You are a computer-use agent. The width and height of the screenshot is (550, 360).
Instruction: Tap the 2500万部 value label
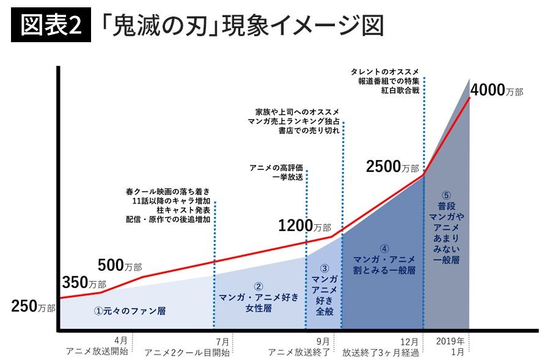393,166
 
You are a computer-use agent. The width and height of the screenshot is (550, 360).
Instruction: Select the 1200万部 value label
304,226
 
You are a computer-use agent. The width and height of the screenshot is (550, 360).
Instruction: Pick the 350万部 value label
84,283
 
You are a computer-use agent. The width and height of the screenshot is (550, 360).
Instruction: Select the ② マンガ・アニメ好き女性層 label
259,297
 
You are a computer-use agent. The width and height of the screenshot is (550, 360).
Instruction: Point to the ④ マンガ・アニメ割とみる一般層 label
384,259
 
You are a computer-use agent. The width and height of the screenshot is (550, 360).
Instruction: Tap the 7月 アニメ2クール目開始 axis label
187,347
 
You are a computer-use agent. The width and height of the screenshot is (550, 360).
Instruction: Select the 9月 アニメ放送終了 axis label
299,347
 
